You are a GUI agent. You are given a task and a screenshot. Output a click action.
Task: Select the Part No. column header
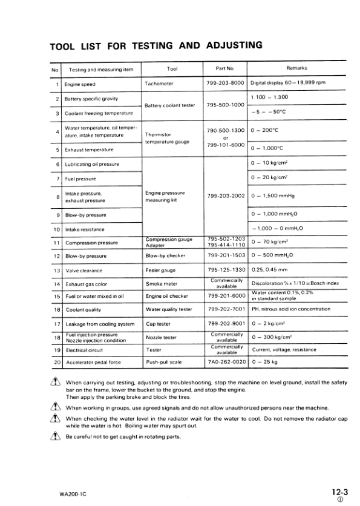(x=225, y=68)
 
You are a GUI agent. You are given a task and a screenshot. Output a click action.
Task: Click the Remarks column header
(x=296, y=68)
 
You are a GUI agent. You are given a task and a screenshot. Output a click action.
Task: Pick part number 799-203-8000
(x=225, y=83)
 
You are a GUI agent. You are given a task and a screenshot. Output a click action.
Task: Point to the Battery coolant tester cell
(x=170, y=105)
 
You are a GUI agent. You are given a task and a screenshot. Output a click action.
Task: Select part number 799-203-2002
(x=225, y=196)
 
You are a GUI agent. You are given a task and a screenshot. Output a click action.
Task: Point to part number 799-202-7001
(x=225, y=309)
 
